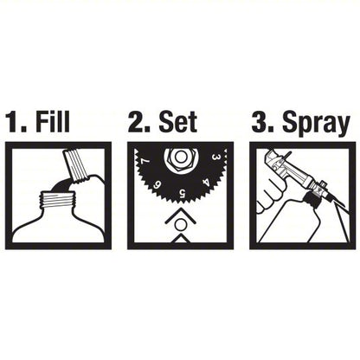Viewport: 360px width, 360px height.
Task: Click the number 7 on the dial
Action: pyautogui.click(x=145, y=162)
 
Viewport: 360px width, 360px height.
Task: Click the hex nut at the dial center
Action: pyautogui.click(x=180, y=156)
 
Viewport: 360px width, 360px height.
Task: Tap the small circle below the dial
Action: pyautogui.click(x=180, y=224)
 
